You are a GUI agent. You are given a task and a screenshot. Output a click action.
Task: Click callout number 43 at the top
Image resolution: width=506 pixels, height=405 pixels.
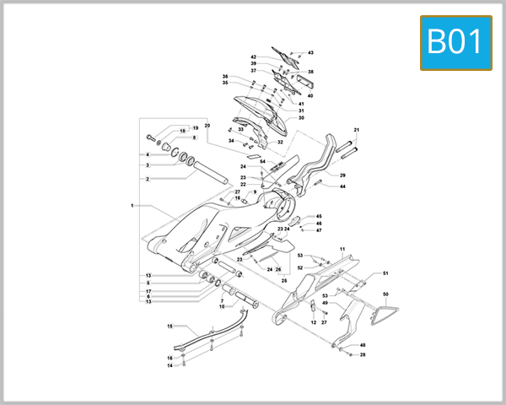tap(310, 52)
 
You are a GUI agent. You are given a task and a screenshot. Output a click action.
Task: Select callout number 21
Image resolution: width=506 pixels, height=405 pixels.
tap(357, 130)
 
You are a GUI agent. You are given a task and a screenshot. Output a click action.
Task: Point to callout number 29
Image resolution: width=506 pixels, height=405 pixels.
tap(343, 175)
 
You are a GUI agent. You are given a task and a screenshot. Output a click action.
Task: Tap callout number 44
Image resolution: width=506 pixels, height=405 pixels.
tap(343, 186)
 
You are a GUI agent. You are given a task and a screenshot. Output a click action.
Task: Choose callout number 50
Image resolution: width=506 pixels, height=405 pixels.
tap(385, 294)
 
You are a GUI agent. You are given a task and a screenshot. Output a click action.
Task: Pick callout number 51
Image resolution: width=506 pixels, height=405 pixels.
tap(385, 273)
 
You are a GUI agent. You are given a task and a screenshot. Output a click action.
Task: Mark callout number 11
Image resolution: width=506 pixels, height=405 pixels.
tap(343, 249)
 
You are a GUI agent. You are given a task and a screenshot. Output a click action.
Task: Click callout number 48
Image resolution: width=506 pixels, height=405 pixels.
tap(363, 345)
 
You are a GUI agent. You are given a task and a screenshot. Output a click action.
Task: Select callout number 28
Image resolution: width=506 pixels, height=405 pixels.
tap(363, 354)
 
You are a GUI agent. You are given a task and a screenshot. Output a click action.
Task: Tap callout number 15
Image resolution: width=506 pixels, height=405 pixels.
tap(170, 326)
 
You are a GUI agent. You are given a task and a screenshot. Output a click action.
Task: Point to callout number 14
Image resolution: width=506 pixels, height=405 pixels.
tap(170, 365)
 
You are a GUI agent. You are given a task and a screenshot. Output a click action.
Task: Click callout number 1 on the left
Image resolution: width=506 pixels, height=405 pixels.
tap(132, 205)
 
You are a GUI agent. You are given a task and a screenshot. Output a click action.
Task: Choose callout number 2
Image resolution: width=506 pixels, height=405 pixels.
tap(148, 179)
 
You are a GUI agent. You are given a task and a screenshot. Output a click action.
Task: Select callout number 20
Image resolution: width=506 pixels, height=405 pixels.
tap(207, 127)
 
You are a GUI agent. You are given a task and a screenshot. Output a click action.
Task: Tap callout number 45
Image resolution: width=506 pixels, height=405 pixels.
tap(319, 217)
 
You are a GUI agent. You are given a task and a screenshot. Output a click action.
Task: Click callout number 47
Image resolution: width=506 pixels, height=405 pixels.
tap(319, 230)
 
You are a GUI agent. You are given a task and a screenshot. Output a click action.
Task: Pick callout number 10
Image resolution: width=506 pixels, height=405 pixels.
tap(222, 306)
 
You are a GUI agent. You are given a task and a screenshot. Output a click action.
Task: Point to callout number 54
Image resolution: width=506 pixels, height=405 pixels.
tap(262, 161)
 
